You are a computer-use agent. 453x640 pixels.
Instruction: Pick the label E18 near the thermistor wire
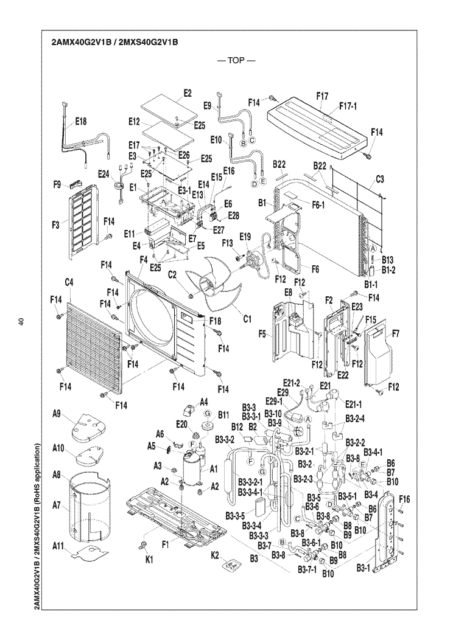click(x=81, y=122)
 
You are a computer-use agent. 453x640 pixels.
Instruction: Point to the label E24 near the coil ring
click(x=104, y=173)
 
